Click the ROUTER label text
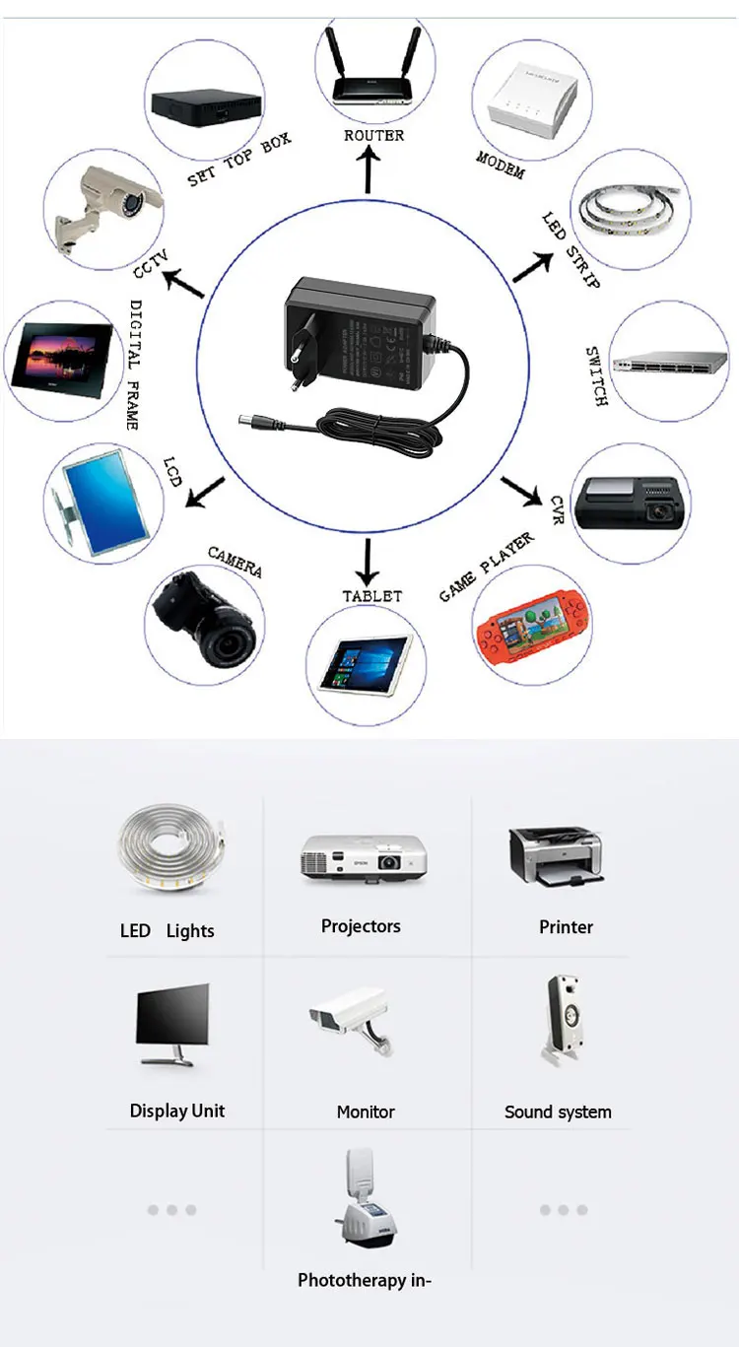coord(373,135)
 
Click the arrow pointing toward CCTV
coord(182,283)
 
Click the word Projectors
coord(361,926)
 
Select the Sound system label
coord(558,1111)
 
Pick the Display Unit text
coord(177,1111)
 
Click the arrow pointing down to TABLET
coord(368,563)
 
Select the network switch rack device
coord(668,362)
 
